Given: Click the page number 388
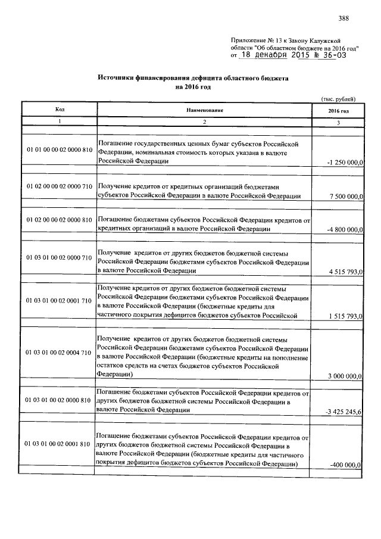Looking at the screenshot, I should tap(343, 17).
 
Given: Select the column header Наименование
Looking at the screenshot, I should tap(204, 110).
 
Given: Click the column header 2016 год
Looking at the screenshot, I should tap(338, 111).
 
